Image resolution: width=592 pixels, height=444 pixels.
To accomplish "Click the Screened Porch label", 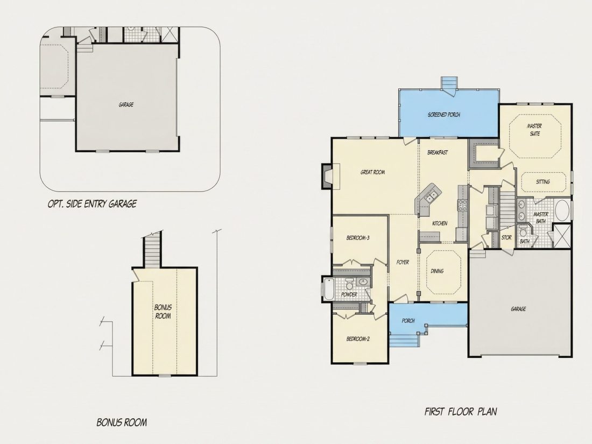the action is tap(443, 115).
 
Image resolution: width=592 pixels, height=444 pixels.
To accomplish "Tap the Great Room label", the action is tap(372, 172).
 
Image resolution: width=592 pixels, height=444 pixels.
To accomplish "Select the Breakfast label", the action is tap(438, 152).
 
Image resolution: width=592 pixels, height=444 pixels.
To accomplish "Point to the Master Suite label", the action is tap(534, 130).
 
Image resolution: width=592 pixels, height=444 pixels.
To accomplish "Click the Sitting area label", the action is tap(543, 181).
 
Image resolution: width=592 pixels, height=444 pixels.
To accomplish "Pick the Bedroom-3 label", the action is tap(357, 238).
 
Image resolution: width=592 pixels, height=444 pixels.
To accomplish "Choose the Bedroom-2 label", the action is tap(358, 339).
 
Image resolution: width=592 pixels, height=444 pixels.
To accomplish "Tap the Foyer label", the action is tap(403, 262).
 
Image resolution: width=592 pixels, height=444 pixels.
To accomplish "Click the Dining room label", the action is tap(437, 271).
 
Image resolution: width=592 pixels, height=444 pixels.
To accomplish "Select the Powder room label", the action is tap(349, 294).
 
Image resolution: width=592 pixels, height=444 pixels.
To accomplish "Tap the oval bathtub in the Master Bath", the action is tap(562, 210).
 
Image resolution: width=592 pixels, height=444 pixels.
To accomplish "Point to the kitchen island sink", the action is tap(431, 196).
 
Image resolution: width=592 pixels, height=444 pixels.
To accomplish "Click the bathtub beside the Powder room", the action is tap(328, 289).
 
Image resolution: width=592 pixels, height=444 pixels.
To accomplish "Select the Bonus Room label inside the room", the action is tap(163, 312).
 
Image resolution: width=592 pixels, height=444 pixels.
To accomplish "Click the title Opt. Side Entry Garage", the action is tap(92, 204).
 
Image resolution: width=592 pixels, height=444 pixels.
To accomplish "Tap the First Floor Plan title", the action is tap(461, 411).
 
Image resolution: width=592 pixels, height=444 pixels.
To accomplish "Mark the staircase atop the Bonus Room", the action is tap(153, 251).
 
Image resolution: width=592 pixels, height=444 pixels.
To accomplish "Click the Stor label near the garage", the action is tap(506, 237).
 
